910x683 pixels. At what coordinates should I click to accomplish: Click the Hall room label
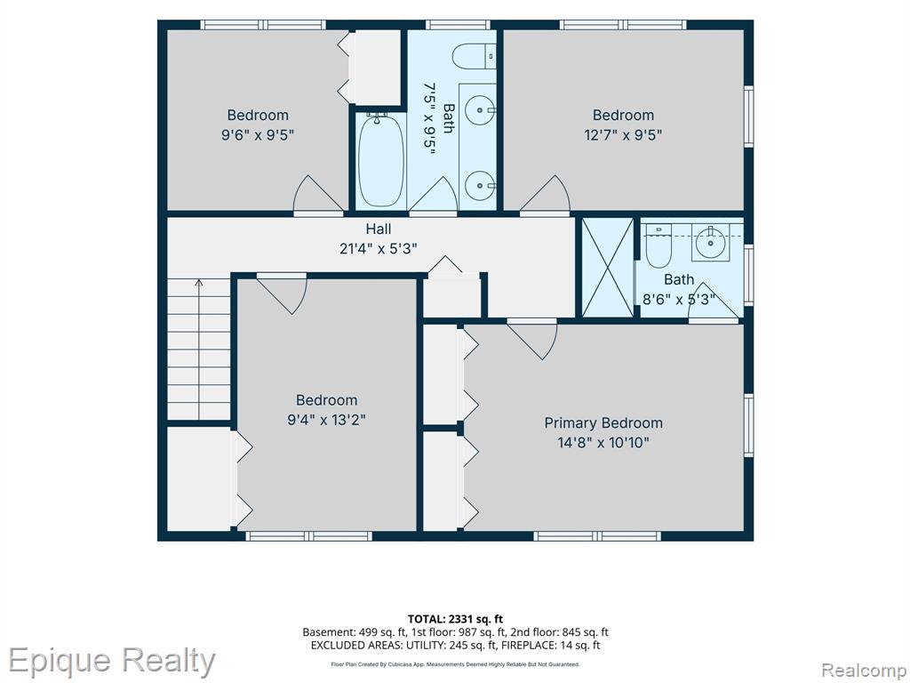pos(379,229)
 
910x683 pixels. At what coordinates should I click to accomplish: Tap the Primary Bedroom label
pos(603,422)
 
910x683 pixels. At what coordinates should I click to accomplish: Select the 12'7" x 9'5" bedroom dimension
pos(623,135)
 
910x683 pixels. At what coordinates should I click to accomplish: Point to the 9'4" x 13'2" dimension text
pos(326,420)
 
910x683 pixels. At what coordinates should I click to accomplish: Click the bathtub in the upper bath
pos(380,160)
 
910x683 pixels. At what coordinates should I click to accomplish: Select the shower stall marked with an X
pos(608,268)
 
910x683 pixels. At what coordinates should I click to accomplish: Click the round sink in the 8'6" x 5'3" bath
pos(709,242)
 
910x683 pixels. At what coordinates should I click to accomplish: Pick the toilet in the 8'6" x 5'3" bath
pos(659,245)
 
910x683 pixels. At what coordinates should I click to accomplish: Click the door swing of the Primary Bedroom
pos(533,341)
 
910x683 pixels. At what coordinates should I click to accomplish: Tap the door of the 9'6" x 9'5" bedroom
pos(318,194)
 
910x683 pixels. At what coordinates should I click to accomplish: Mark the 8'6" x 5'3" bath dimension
pos(678,300)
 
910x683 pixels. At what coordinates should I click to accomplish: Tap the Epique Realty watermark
pos(111,662)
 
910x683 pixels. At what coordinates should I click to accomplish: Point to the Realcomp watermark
pos(864,670)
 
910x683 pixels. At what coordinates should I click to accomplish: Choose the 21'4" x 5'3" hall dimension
pos(379,249)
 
